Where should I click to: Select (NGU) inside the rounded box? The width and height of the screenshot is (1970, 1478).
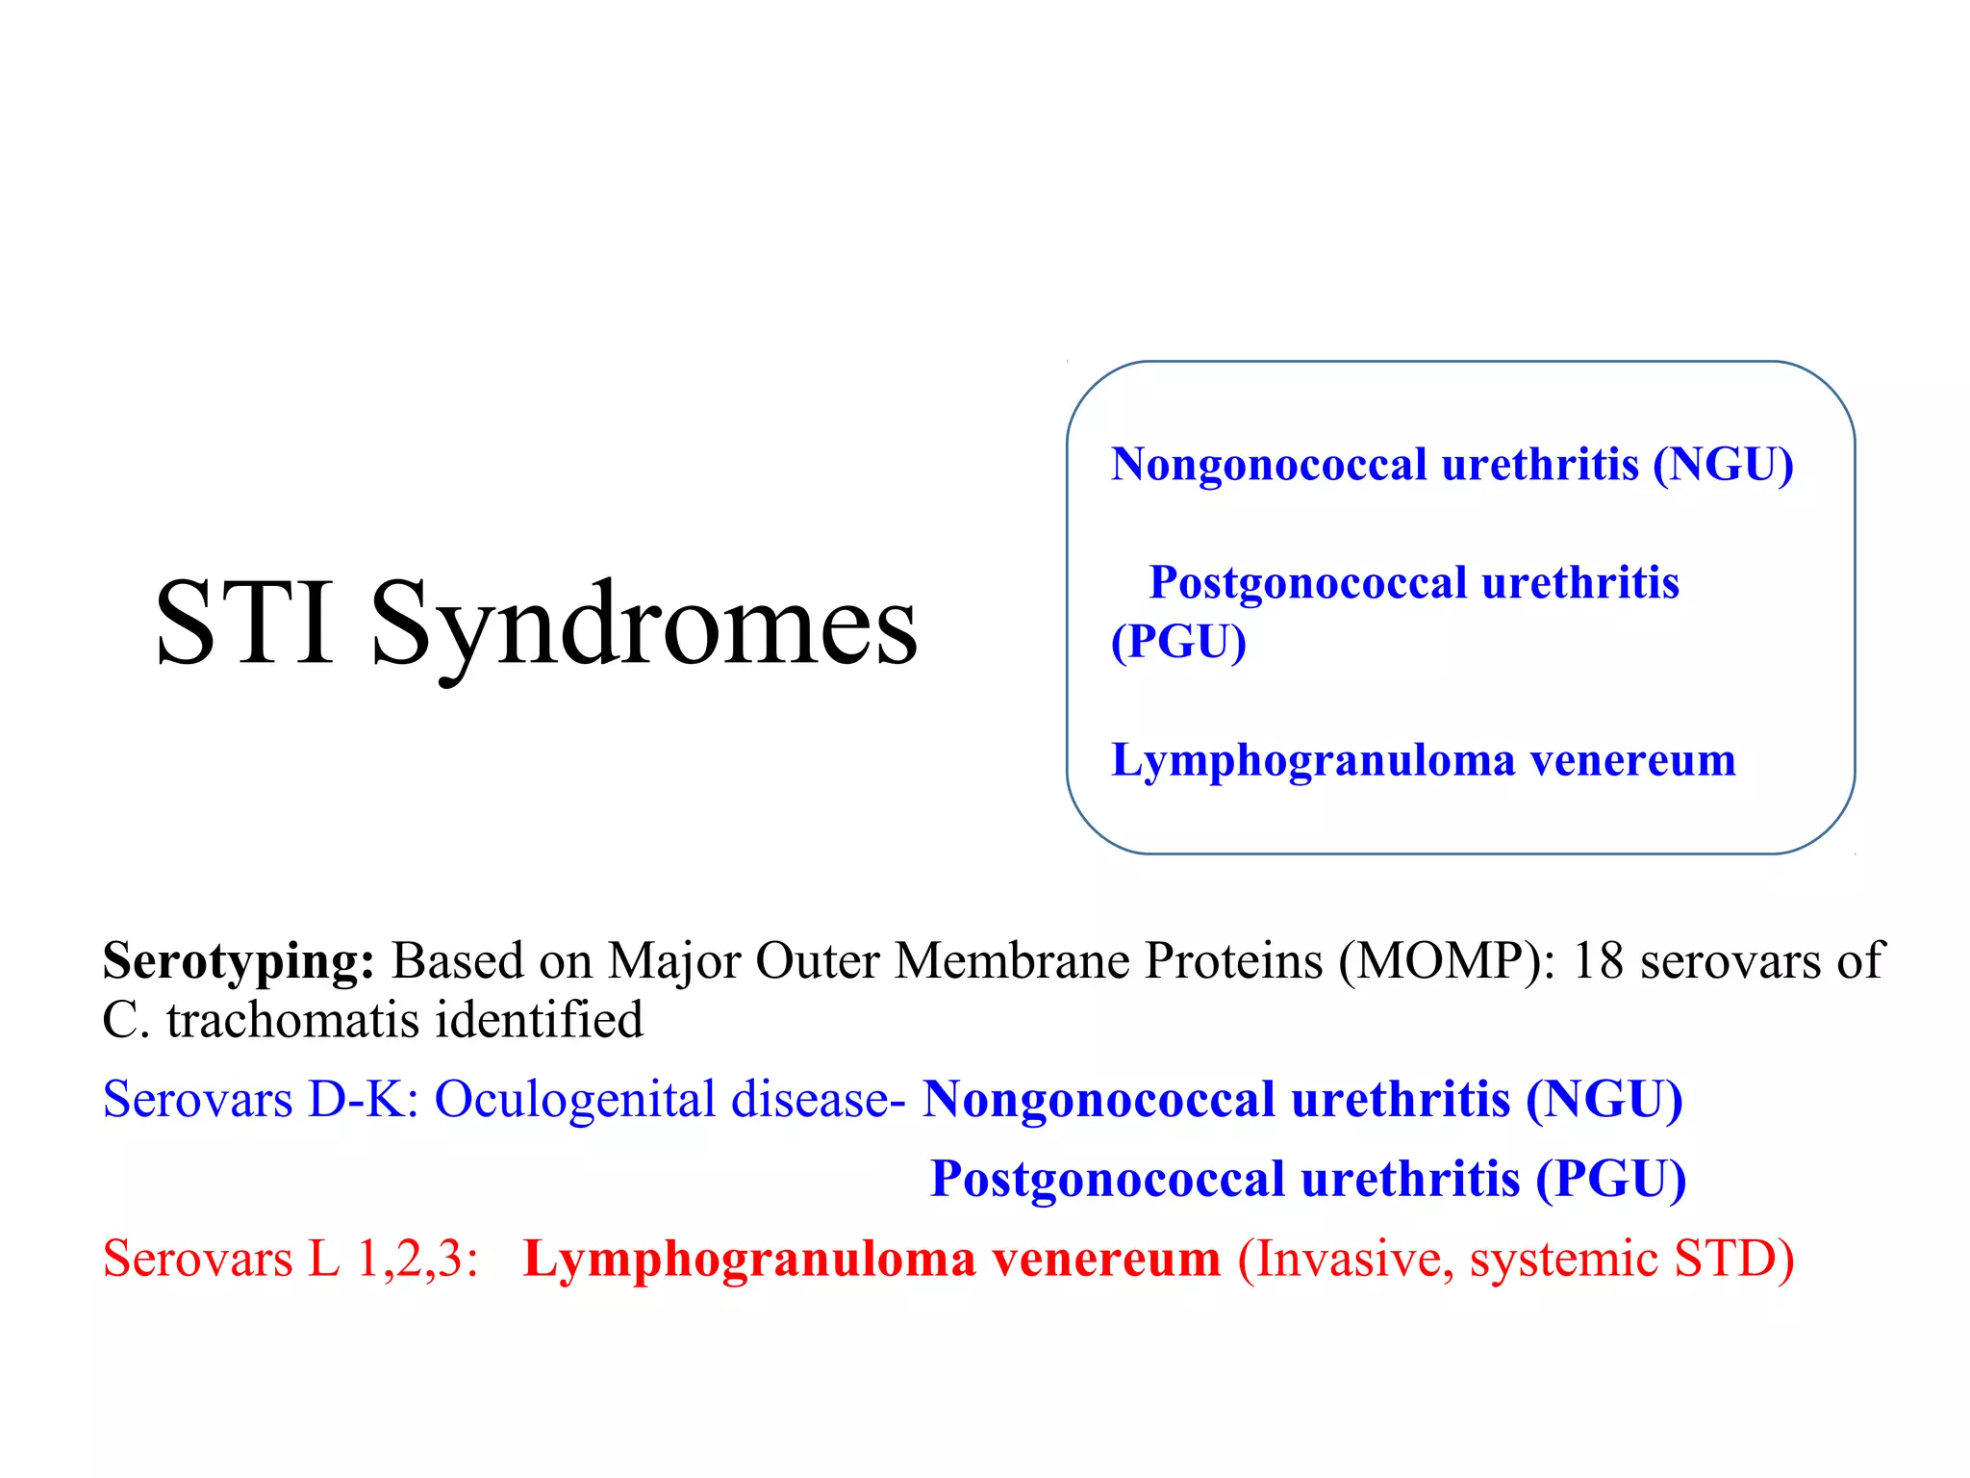[x=1723, y=465]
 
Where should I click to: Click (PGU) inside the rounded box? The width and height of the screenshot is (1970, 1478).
[x=1178, y=642]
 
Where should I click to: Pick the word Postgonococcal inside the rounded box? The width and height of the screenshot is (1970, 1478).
[x=1308, y=583]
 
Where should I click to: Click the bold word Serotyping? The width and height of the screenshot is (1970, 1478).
[x=239, y=961]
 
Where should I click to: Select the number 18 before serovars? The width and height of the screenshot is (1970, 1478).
[x=1597, y=961]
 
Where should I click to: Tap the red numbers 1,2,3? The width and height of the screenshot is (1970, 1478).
[x=417, y=1259]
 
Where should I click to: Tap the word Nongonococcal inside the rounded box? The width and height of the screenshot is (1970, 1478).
[x=1269, y=465]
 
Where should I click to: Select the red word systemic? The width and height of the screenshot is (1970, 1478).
[x=1563, y=1259]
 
